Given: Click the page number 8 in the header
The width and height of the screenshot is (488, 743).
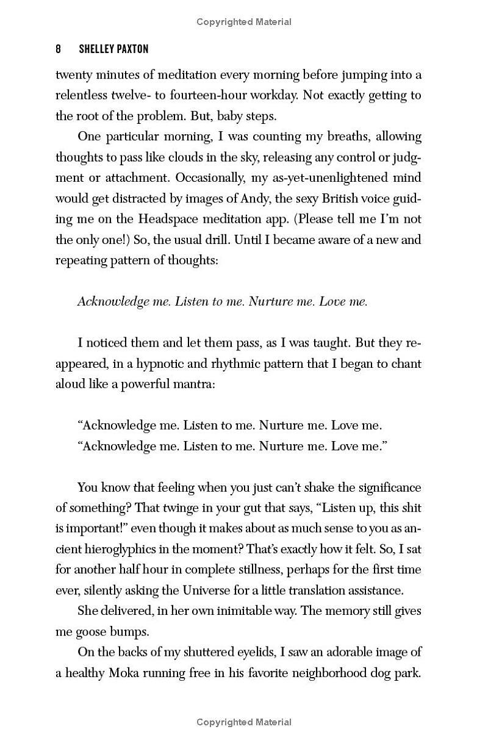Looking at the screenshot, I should click(59, 49).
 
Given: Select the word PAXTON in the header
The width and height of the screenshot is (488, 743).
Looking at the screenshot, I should click(132, 49).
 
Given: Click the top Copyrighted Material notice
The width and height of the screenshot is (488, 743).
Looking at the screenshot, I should click(244, 22).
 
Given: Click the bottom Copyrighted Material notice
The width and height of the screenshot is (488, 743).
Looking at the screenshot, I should click(244, 722).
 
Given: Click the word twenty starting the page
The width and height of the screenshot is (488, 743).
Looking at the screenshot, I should click(74, 75).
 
